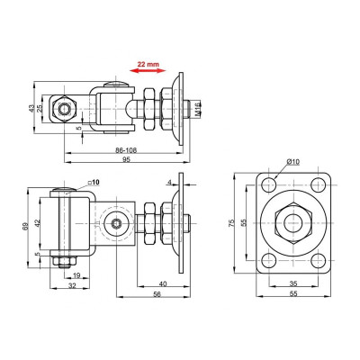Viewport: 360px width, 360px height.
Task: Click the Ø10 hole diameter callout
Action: pos(294,161)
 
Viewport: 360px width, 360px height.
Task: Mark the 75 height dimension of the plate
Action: pos(231,222)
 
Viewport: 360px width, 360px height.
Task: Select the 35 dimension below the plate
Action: pos(294,283)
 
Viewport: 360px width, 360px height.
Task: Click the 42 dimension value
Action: pos(39,223)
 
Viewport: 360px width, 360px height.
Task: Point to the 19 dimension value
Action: pos(76,275)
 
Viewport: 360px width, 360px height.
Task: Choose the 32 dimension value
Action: pos(73,286)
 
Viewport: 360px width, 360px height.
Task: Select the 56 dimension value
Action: pos(158,294)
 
